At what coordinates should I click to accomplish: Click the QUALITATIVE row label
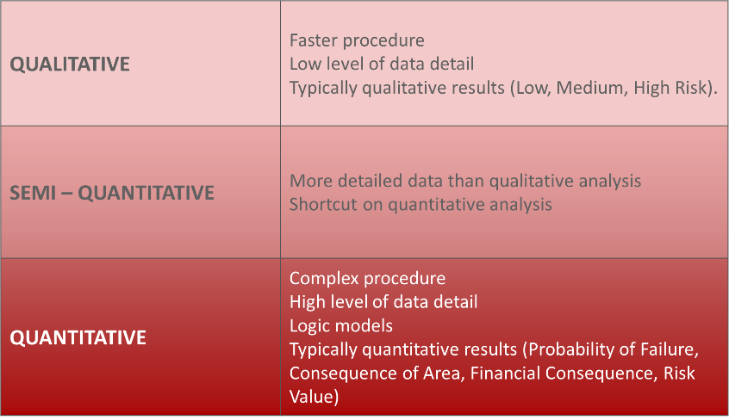pyautogui.click(x=70, y=64)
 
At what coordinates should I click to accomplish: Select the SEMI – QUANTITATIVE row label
pyautogui.click(x=112, y=193)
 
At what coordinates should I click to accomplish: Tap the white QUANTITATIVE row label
pyautogui.click(x=78, y=337)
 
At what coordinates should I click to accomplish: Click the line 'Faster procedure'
pyautogui.click(x=357, y=41)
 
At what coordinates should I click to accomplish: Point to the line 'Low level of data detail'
pyautogui.click(x=382, y=64)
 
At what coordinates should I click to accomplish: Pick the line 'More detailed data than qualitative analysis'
pyautogui.click(x=465, y=182)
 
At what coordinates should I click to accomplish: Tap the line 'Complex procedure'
pyautogui.click(x=367, y=278)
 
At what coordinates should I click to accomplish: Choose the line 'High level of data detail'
pyautogui.click(x=383, y=302)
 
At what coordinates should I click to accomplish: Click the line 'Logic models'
pyautogui.click(x=341, y=325)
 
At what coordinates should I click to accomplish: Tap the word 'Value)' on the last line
pyautogui.click(x=315, y=398)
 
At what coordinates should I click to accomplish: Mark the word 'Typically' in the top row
pyautogui.click(x=322, y=89)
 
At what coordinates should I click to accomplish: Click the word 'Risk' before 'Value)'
pyautogui.click(x=679, y=373)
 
